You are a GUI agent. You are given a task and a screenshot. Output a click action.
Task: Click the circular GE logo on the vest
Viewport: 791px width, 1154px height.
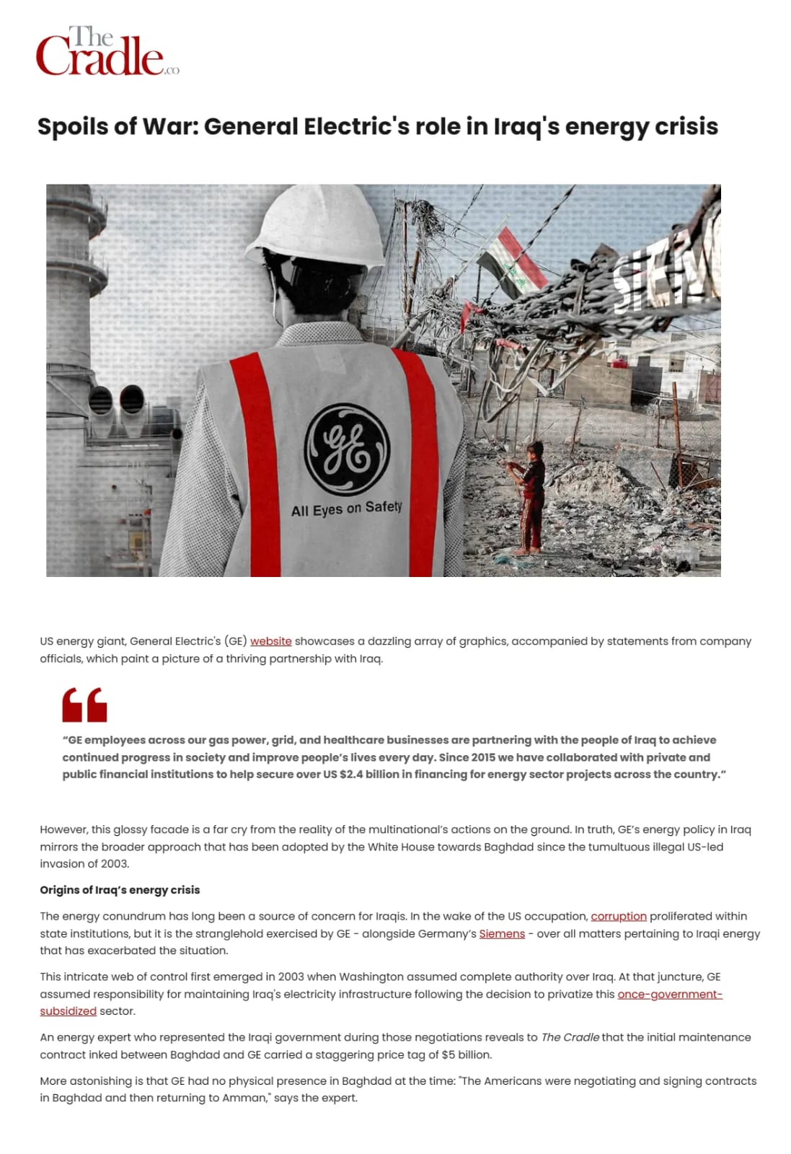pos(347,449)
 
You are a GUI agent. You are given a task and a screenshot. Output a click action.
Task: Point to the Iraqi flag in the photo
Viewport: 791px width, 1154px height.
pos(513,263)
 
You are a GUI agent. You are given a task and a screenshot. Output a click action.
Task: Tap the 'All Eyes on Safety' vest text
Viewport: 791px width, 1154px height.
pos(346,509)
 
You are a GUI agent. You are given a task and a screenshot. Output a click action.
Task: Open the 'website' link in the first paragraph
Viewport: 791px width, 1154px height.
pos(271,641)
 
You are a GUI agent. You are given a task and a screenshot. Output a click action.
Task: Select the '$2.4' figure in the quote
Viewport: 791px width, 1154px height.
pos(355,775)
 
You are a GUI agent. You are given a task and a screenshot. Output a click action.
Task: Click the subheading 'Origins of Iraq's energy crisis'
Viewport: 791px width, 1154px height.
pos(120,890)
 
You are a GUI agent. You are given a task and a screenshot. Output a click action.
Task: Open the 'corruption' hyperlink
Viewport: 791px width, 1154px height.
pos(619,916)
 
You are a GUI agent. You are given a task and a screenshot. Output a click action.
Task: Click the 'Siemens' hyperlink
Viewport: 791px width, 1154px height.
pos(502,933)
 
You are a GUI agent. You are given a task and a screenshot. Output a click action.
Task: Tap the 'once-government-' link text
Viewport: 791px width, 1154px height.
pos(670,994)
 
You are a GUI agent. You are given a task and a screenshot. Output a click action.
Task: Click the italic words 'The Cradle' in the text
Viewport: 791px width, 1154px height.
pos(570,1037)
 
